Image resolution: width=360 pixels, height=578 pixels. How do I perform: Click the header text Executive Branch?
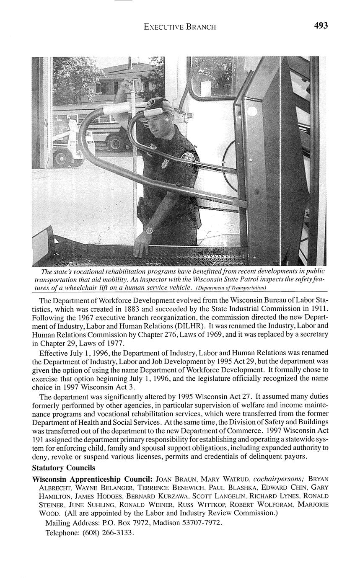[x=180, y=27]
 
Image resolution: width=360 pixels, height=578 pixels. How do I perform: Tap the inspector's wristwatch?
[x=149, y=230]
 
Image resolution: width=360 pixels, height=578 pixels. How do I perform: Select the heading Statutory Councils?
[x=64, y=467]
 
